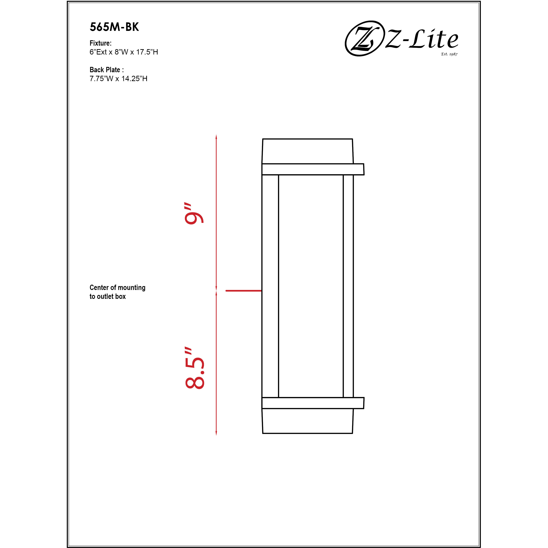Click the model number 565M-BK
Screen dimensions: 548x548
114,27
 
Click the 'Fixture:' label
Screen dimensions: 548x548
100,43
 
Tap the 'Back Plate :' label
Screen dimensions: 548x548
106,70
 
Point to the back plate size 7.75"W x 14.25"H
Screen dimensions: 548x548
118,79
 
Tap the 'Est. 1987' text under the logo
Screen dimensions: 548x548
449,54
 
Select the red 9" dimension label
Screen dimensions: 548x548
194,214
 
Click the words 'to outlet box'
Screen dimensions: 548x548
108,296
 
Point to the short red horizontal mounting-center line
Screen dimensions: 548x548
243,291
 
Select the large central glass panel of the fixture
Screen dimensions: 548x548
311,286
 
